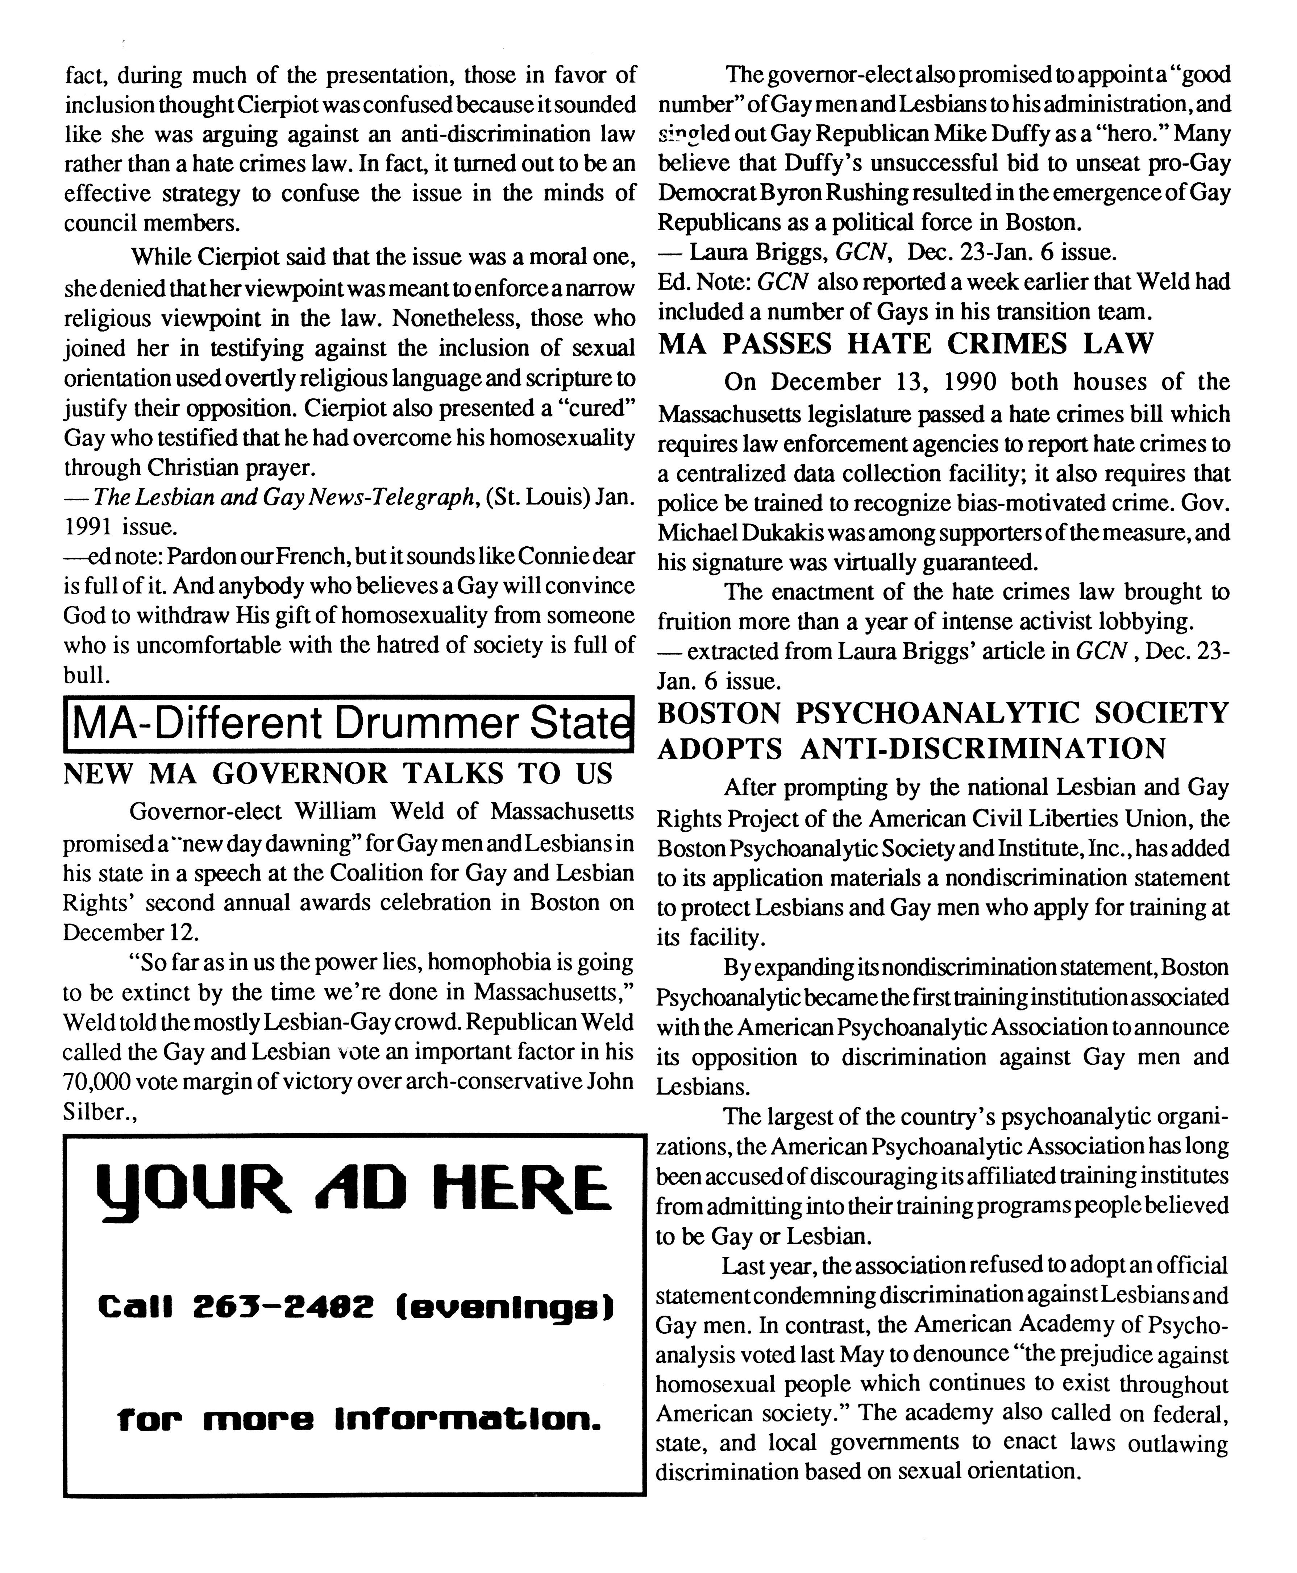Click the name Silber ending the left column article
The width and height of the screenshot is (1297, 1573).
click(x=95, y=1112)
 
